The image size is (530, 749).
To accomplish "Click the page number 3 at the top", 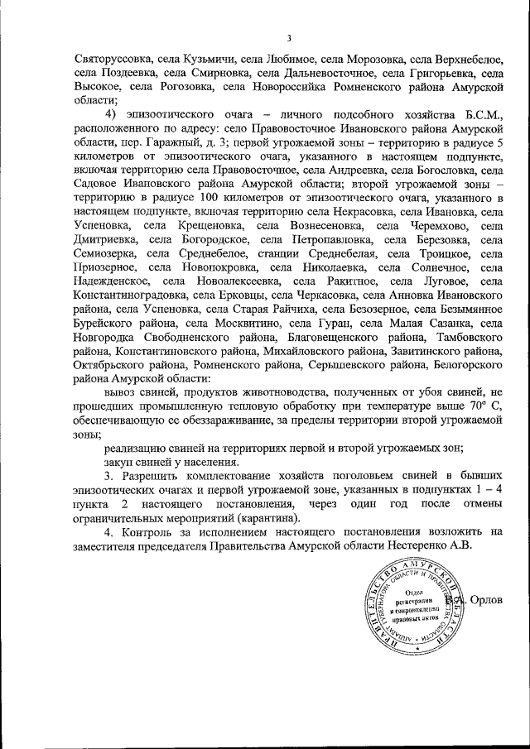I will [x=289, y=37].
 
